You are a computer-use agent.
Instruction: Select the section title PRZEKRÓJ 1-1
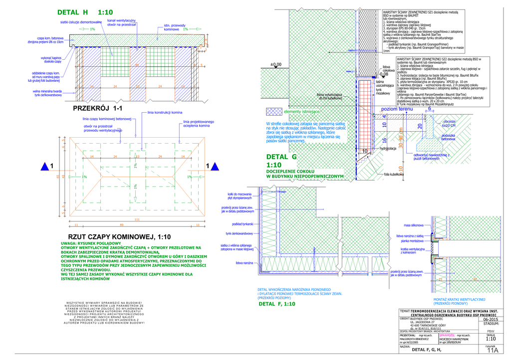pos(98,108)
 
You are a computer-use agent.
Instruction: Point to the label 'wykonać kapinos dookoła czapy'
pos(51,60)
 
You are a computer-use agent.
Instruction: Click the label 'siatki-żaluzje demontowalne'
pos(81,22)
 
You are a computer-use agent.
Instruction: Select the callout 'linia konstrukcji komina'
pos(165,113)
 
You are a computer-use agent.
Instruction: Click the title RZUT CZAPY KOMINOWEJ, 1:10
pos(119,237)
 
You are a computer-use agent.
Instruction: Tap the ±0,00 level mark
pos(275,64)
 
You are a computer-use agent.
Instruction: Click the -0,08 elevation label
pos(383,74)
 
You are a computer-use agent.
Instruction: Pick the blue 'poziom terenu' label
pos(397,109)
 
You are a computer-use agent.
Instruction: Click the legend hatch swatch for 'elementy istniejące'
pos(274,112)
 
